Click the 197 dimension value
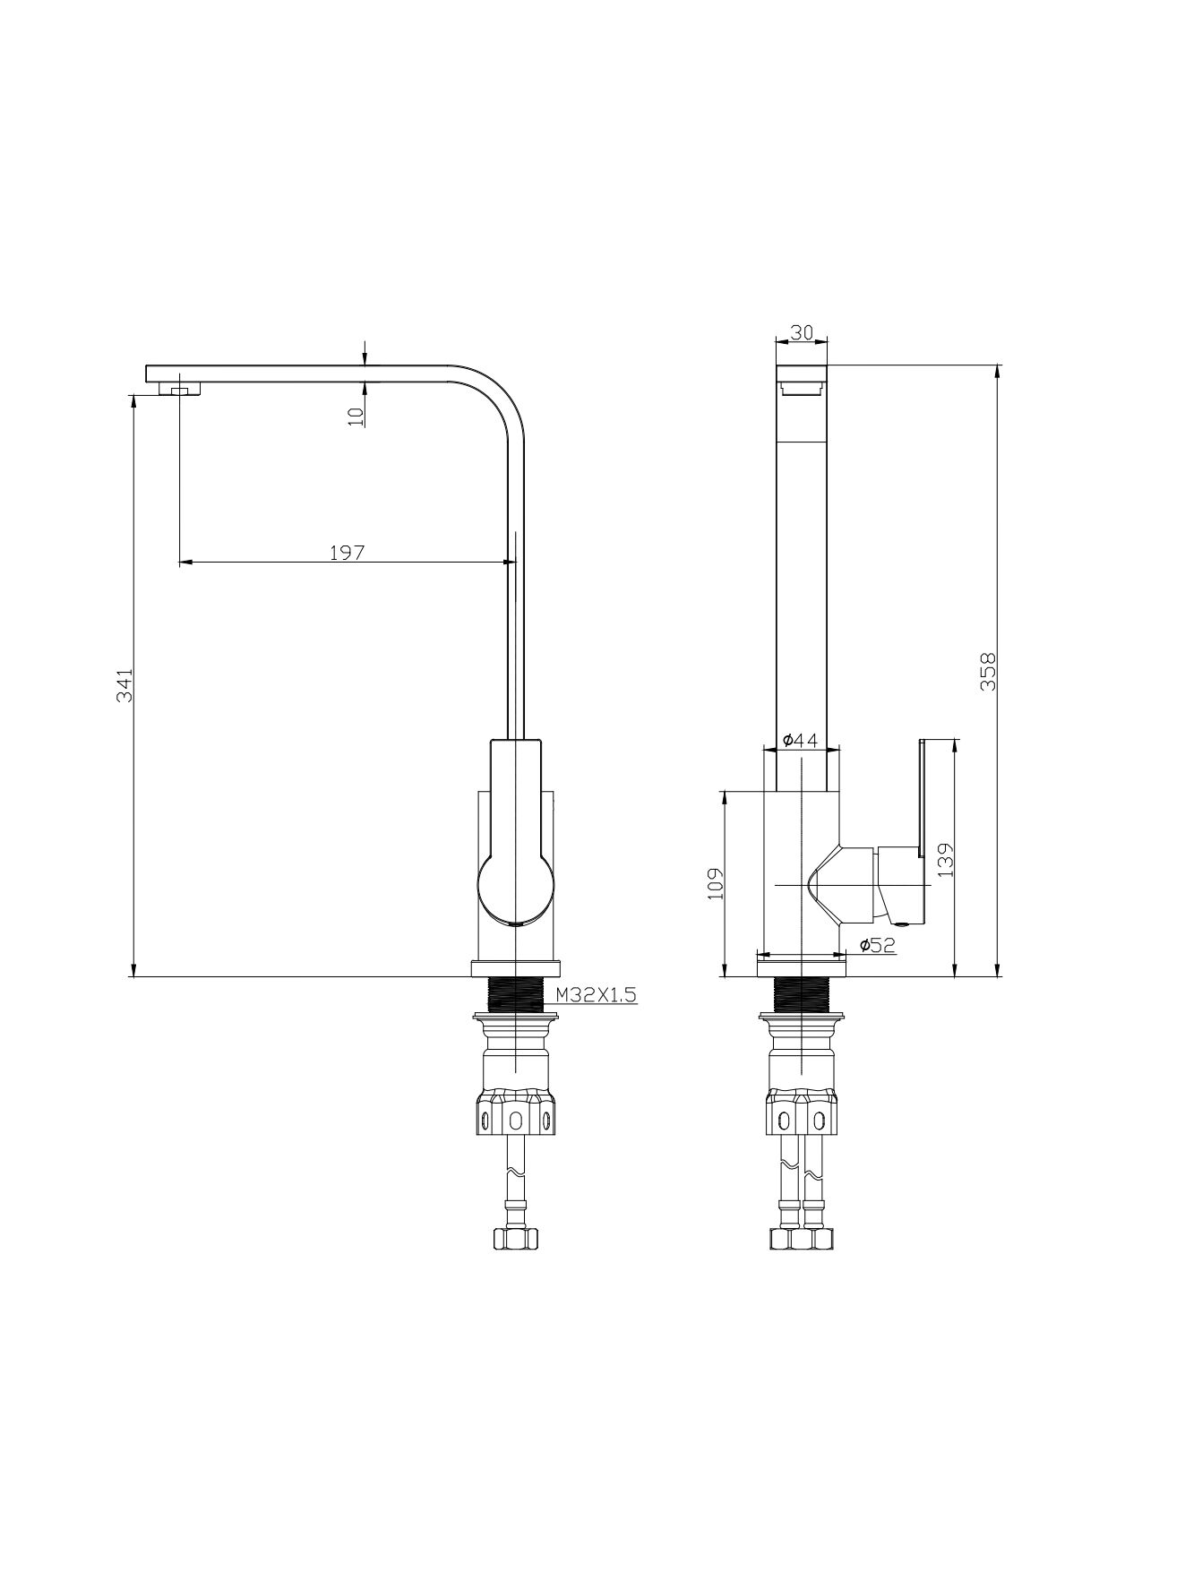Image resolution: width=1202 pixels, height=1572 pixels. [347, 553]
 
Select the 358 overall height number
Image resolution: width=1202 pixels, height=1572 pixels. [988, 672]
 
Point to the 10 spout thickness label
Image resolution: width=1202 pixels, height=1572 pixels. [356, 416]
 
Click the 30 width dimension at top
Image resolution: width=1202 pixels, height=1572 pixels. [802, 332]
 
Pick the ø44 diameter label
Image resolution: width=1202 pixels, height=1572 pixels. [800, 740]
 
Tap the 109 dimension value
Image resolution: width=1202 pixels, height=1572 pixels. [715, 884]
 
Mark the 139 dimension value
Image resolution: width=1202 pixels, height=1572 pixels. [947, 858]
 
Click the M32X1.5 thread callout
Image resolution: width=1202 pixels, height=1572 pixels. [596, 993]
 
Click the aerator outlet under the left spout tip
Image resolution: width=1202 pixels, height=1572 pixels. [178, 389]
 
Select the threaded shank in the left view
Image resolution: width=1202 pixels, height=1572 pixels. [516, 994]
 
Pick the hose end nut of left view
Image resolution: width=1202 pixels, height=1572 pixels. [517, 1239]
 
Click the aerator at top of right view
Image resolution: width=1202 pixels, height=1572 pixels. [802, 388]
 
